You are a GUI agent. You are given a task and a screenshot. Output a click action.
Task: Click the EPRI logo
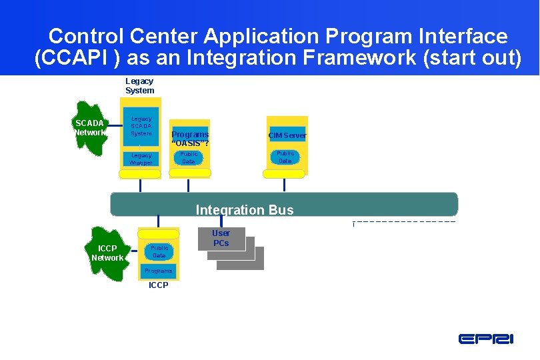[x=485, y=339]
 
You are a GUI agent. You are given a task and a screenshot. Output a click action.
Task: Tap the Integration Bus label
[x=244, y=210]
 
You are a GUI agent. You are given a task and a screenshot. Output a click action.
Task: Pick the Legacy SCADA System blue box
[x=141, y=127]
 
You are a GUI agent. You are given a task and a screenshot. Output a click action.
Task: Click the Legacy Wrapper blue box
[x=141, y=159]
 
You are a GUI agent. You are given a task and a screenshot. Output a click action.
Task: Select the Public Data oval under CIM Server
[x=285, y=157]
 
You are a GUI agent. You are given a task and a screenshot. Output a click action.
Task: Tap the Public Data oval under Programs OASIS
[x=189, y=157]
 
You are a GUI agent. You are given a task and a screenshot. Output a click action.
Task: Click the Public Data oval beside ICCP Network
[x=159, y=251]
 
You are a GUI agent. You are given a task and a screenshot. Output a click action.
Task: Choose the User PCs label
[x=221, y=238]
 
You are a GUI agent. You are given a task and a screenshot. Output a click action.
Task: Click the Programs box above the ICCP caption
[x=159, y=271]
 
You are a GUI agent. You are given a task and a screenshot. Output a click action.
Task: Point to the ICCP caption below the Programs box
[x=159, y=285]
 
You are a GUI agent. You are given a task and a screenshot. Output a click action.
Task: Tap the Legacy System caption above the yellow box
[x=139, y=86]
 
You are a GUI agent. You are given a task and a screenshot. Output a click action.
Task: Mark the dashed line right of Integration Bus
[x=404, y=221]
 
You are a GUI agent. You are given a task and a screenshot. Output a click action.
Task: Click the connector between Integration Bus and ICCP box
[x=159, y=223]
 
